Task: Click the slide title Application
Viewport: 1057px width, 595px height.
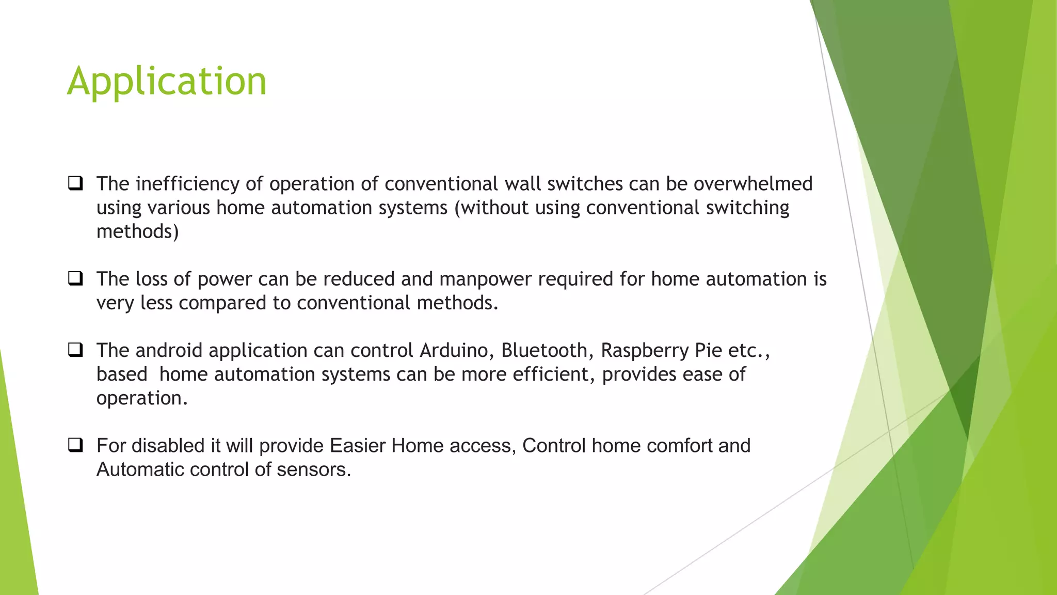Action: (167, 81)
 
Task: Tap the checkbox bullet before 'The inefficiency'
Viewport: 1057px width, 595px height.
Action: (75, 183)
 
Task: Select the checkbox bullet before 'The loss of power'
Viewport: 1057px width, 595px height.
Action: (75, 279)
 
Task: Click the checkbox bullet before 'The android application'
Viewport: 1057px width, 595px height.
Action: (75, 350)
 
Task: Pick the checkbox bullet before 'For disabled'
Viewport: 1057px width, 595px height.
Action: (75, 445)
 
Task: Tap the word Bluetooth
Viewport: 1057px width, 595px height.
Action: (544, 351)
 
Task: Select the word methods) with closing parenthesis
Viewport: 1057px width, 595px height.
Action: (137, 231)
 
